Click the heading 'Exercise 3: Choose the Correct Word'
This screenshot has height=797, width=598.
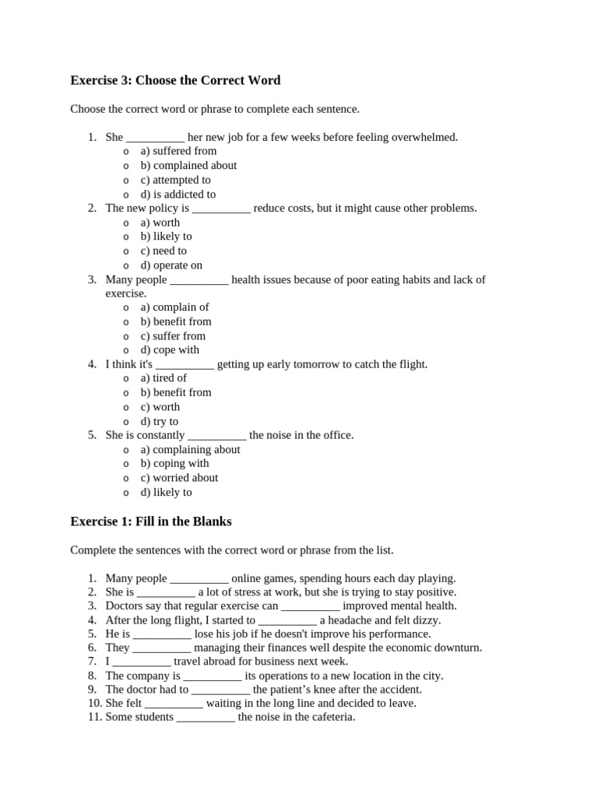pos(175,80)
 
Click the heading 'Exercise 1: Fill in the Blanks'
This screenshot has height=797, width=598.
pos(151,521)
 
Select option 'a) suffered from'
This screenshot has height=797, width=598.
pos(178,151)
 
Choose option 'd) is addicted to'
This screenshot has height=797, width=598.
pos(178,194)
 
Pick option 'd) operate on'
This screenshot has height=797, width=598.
pos(171,265)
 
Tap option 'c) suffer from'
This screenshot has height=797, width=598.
pos(173,335)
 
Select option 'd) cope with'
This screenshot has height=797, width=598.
pos(170,349)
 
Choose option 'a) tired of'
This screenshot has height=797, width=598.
pos(164,378)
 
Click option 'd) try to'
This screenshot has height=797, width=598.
pos(160,421)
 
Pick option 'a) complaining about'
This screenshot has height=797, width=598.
pos(190,449)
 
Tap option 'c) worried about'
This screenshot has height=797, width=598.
pos(179,477)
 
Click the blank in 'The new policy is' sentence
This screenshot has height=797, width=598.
pos(221,209)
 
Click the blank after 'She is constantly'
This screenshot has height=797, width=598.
pos(217,435)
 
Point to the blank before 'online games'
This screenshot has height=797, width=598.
pos(199,578)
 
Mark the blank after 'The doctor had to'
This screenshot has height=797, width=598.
pos(220,690)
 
